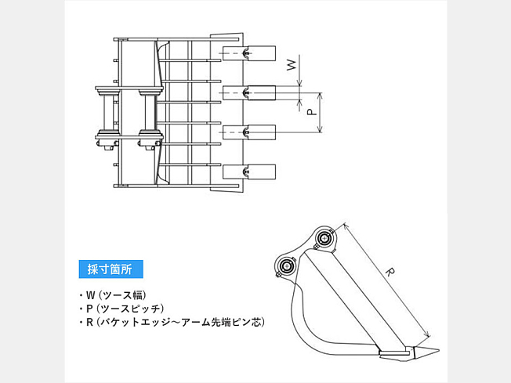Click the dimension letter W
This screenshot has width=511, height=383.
(x=292, y=66)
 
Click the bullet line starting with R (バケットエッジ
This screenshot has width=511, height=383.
(x=172, y=322)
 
